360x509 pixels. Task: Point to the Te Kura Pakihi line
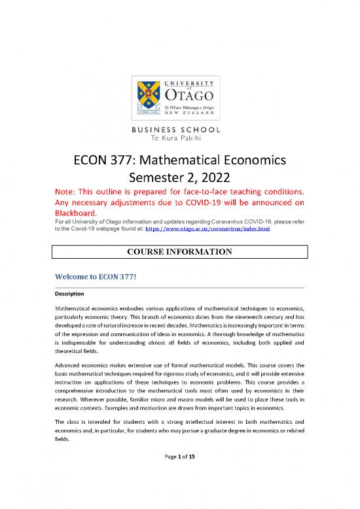point(179,139)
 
